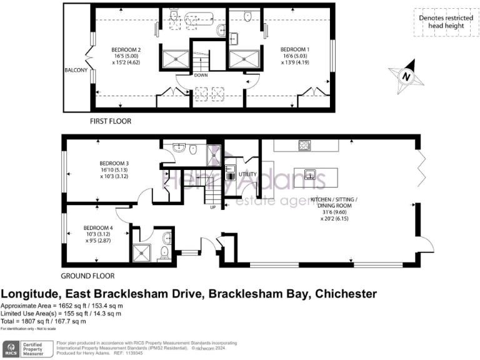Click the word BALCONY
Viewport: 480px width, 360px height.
coord(76,70)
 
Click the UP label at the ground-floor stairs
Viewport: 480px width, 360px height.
coord(212,207)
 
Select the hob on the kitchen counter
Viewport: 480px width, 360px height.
coord(305,145)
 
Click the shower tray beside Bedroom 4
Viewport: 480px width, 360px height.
coord(141,252)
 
